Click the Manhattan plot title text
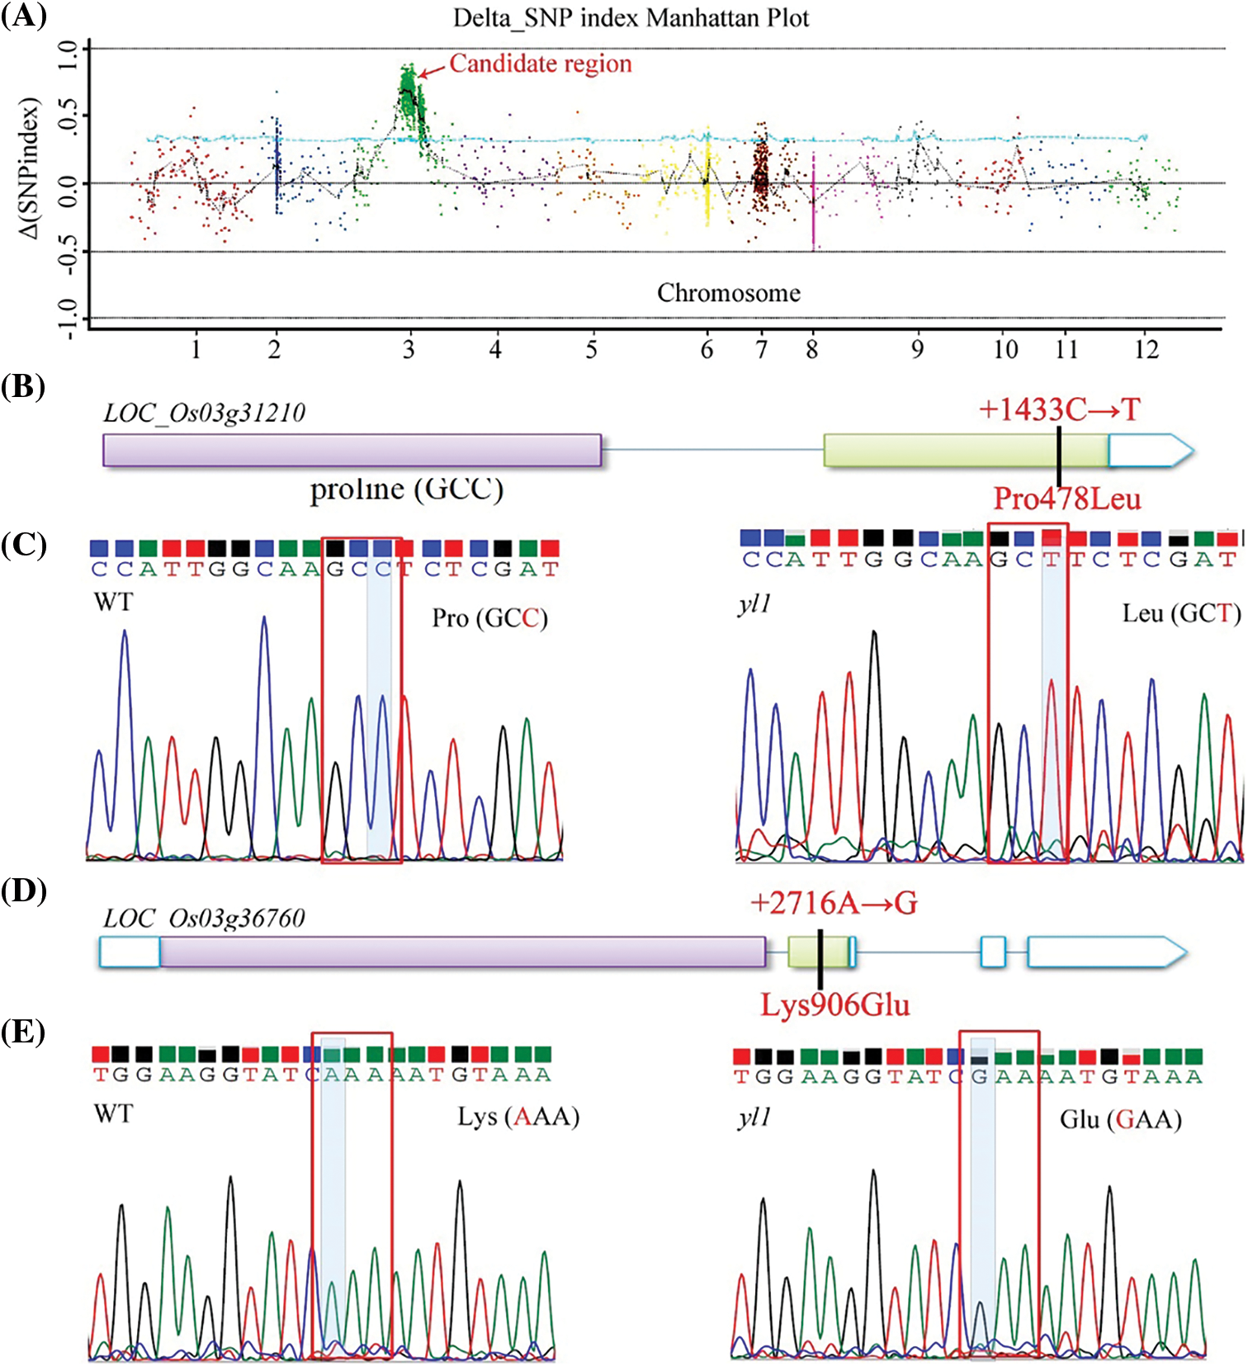click(x=631, y=17)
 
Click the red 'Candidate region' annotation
click(x=540, y=64)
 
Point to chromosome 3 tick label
click(x=409, y=350)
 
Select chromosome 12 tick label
click(x=1146, y=350)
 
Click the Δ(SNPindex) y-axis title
click(x=31, y=169)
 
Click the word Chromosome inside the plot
click(x=728, y=293)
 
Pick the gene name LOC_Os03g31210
click(x=204, y=412)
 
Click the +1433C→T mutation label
click(x=1059, y=409)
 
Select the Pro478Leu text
click(x=1066, y=499)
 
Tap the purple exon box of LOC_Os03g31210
click(x=352, y=450)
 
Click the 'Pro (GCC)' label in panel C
click(x=489, y=618)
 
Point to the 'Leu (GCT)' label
click(x=1181, y=613)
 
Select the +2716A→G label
click(x=834, y=903)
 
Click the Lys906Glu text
click(x=834, y=1005)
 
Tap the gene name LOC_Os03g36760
click(x=204, y=918)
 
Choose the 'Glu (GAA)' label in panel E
click(x=1120, y=1119)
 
